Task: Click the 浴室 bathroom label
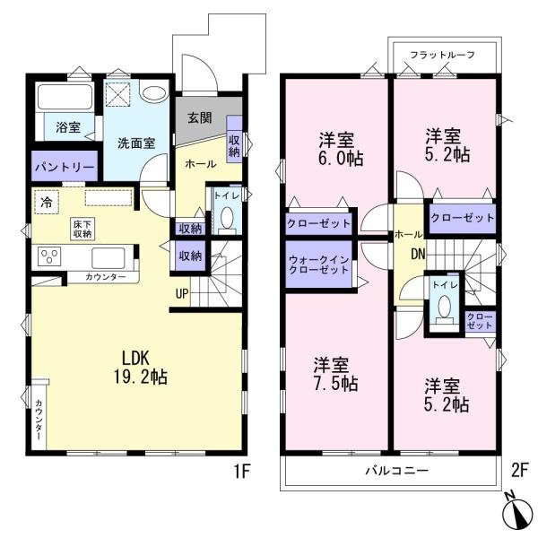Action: [x=67, y=128]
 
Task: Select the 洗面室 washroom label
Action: [x=136, y=142]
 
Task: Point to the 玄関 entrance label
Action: [x=200, y=117]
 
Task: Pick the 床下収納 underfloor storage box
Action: [x=82, y=229]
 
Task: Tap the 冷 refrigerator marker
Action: [x=46, y=202]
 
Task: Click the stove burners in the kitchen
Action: [x=49, y=258]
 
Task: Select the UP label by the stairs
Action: [x=182, y=293]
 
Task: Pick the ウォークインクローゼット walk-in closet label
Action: [x=319, y=265]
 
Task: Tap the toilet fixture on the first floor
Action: [x=227, y=218]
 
